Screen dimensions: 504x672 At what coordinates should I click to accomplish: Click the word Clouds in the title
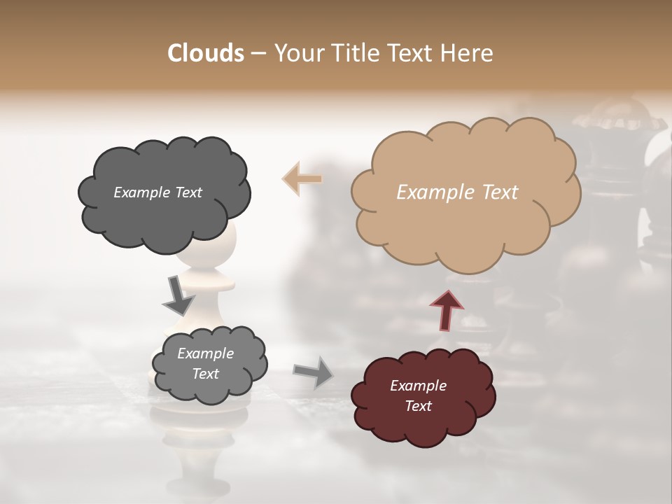pos(205,53)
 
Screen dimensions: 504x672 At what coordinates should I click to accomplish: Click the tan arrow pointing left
pos(302,178)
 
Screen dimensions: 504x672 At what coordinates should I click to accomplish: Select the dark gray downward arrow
pos(178,295)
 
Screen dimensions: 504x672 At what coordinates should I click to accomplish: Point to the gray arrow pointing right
pos(314,372)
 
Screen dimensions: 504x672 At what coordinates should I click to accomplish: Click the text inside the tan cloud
pos(457,192)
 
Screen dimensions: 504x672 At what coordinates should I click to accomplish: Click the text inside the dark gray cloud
pos(157,192)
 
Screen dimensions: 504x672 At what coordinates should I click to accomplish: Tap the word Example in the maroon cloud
pos(418,386)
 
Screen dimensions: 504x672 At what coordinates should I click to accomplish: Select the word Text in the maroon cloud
pos(418,406)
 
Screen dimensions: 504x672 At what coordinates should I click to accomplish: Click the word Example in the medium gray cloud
pos(205,353)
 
